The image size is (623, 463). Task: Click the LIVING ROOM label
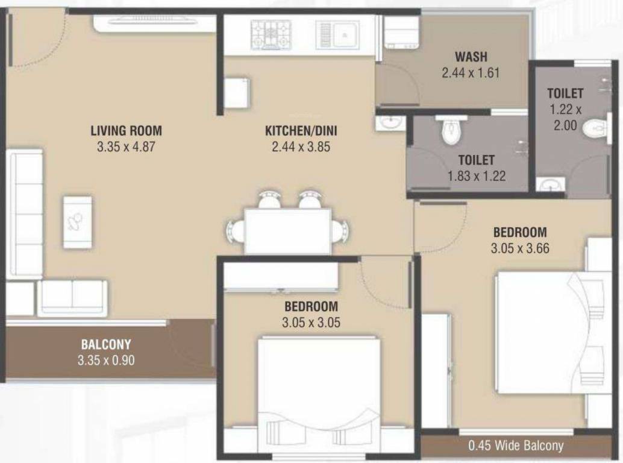pos(126,130)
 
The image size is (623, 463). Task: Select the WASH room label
pos(471,57)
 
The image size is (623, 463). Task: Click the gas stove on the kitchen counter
pos(271,34)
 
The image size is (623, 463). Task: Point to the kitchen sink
pos(338,34)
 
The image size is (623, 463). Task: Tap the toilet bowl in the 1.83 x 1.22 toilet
pos(451,131)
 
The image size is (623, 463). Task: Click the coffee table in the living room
pos(77,222)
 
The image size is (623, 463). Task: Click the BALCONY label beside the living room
pos(106,345)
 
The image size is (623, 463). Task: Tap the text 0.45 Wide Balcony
pos(516,446)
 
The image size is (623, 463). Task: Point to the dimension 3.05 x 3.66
pos(520,248)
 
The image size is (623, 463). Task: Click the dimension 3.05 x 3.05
pos(311,323)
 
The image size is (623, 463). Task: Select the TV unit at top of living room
pos(154,23)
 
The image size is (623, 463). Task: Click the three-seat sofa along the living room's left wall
pos(25,213)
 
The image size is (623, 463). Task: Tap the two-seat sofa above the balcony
pos(72,298)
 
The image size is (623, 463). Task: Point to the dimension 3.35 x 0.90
pos(106,361)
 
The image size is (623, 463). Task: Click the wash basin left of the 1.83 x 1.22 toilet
pos(390,123)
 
